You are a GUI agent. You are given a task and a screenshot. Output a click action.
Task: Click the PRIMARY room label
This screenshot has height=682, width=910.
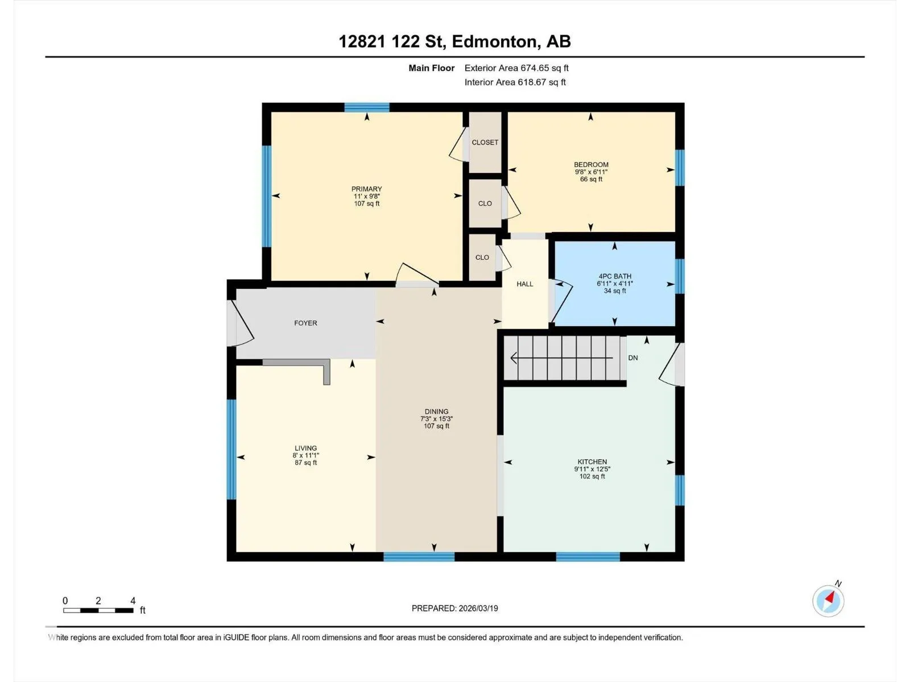point(366,189)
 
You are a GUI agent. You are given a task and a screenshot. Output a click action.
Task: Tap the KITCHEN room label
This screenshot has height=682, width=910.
point(592,461)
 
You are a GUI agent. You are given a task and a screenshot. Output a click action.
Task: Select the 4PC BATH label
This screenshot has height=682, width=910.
point(615,276)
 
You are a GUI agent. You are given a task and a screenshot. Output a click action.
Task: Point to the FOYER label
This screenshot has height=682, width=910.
point(305,323)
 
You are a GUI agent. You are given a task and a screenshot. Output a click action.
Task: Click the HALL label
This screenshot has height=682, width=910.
point(525,284)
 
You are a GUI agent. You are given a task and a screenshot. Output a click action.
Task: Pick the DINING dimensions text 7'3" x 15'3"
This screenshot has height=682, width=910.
point(437,419)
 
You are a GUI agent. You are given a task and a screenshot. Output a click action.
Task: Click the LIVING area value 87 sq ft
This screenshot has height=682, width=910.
point(306,463)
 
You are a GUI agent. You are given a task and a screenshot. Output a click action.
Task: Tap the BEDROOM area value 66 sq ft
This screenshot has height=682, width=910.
point(591,179)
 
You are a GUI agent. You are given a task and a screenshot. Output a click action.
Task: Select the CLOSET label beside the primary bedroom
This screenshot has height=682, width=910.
point(485,143)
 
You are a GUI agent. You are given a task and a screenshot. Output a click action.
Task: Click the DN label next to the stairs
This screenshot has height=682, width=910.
point(633,358)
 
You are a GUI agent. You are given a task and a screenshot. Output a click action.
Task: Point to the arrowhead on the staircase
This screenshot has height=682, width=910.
point(514,358)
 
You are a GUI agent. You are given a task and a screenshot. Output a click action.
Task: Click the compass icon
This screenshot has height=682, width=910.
point(828,601)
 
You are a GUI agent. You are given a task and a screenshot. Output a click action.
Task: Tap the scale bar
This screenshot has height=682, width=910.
point(98,610)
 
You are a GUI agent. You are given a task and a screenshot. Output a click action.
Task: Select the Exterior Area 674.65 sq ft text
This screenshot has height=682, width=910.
point(516,68)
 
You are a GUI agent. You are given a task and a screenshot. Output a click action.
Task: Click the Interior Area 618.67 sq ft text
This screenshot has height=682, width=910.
point(515,82)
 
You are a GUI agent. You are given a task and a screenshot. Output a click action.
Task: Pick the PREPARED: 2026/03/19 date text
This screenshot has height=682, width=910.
point(455,608)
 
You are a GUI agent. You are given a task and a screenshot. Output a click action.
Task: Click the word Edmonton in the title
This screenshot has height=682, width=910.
point(496,41)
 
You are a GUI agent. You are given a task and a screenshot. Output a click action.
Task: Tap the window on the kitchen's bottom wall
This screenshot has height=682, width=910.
point(588,557)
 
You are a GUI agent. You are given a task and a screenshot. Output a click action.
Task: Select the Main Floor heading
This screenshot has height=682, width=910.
point(432,68)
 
